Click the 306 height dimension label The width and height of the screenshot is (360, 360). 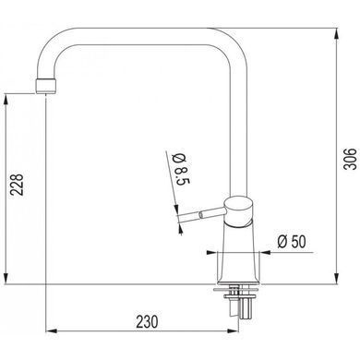[350, 159]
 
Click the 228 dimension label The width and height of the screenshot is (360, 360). [17, 185]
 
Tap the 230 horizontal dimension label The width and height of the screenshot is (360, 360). [148, 321]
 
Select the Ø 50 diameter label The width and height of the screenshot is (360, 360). [292, 241]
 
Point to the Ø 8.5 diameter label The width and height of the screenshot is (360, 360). [181, 169]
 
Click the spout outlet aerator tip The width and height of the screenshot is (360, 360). [46, 86]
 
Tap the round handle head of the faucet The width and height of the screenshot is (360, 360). [238, 211]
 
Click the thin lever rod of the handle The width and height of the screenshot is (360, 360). [201, 214]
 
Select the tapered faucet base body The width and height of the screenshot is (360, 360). [239, 253]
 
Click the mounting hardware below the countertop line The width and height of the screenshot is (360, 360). [239, 302]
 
